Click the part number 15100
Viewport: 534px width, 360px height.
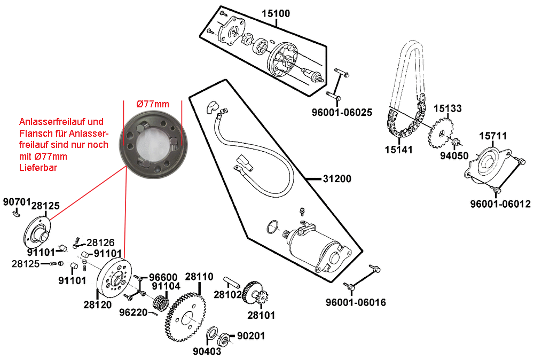pyautogui.click(x=276, y=14)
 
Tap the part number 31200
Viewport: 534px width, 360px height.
pyautogui.click(x=337, y=179)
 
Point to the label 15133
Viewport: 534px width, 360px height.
pyautogui.click(x=447, y=108)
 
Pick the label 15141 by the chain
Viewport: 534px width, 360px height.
pyautogui.click(x=398, y=150)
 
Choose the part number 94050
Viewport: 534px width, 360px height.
pyautogui.click(x=454, y=156)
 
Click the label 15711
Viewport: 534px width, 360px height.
pyautogui.click(x=492, y=137)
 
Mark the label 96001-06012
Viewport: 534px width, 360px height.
pyautogui.click(x=500, y=204)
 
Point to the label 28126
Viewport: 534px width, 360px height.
pyautogui.click(x=100, y=242)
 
